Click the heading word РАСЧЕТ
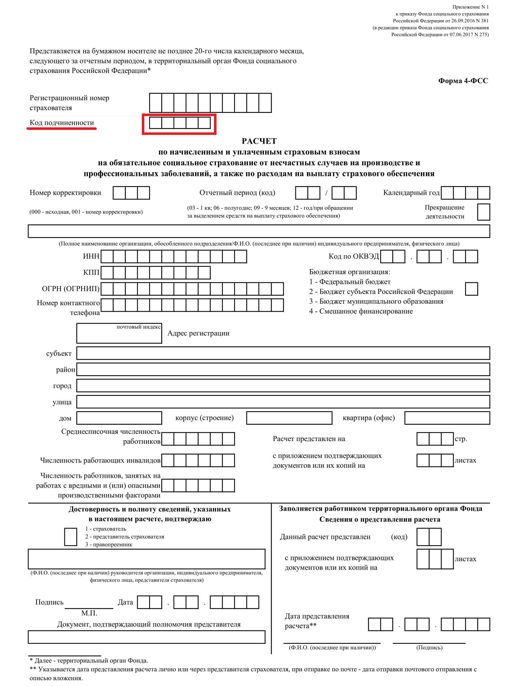(x=259, y=141)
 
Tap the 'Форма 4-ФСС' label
(x=463, y=81)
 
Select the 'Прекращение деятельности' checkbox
(x=483, y=212)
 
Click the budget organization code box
(x=471, y=289)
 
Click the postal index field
(x=119, y=333)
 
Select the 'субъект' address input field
(x=283, y=353)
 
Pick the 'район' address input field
(x=283, y=370)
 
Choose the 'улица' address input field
(x=283, y=402)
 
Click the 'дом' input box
(x=119, y=418)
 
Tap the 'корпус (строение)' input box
(x=289, y=418)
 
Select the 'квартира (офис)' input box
(x=447, y=418)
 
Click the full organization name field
(x=259, y=231)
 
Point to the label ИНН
(x=91, y=256)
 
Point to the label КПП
(x=91, y=272)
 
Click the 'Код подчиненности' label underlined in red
(x=62, y=123)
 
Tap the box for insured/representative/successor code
(x=71, y=537)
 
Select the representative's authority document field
(x=147, y=637)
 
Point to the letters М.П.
(x=89, y=613)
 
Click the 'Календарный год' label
(x=411, y=193)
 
